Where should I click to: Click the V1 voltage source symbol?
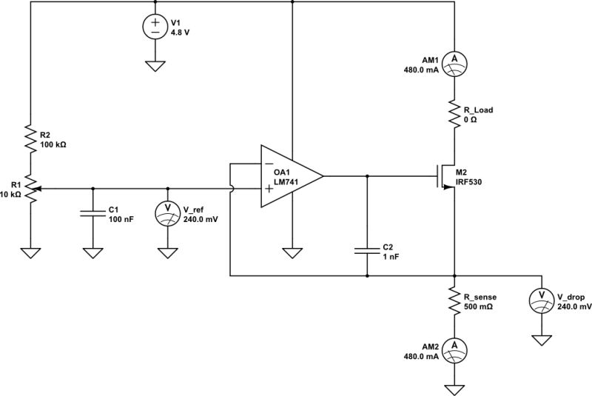coord(155,27)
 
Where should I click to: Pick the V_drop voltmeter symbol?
coord(542,299)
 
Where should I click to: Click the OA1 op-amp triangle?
coord(289,176)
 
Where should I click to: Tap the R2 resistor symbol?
coord(30,139)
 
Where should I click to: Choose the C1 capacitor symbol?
coord(92,214)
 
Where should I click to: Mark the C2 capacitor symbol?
coord(368,249)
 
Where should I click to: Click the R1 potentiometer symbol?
coord(30,189)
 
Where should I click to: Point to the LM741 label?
coord(286,182)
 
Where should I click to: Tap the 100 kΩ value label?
coord(53,145)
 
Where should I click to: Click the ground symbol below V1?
coord(155,66)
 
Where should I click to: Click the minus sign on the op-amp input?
coord(268,163)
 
